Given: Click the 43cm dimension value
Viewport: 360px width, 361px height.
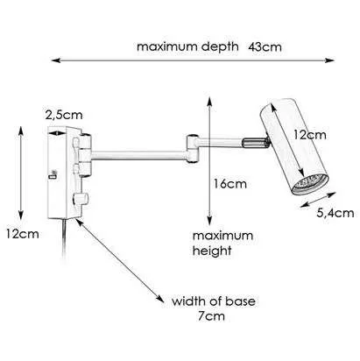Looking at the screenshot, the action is (x=265, y=47).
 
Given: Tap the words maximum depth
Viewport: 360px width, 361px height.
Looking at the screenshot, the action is (x=187, y=47).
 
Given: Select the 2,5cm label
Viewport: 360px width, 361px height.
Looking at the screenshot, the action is (x=64, y=115).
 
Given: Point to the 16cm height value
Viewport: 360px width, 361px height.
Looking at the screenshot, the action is (x=230, y=184).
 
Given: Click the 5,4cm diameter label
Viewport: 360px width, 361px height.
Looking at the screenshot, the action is (x=335, y=213).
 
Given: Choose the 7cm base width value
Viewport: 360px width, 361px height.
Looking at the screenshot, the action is (x=211, y=316).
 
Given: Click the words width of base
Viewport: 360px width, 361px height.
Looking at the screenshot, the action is (x=214, y=301).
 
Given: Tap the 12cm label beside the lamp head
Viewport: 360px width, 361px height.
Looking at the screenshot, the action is (x=309, y=135).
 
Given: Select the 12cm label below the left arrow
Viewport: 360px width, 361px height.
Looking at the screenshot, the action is (x=23, y=234).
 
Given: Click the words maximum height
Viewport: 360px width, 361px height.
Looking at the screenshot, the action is (x=222, y=243).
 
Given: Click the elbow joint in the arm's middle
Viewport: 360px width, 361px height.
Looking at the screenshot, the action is (x=193, y=147).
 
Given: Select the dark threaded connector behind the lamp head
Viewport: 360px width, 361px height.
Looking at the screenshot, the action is (x=256, y=142).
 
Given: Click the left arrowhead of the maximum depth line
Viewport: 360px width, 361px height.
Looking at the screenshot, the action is (x=55, y=60).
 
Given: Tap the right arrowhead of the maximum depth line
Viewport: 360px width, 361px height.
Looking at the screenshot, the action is (x=330, y=60).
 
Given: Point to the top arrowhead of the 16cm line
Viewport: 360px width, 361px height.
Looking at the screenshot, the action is (x=209, y=102).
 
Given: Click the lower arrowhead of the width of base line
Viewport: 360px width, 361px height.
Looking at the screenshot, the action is (x=160, y=299).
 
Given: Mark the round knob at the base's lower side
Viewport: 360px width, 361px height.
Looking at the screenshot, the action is (x=80, y=199).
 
